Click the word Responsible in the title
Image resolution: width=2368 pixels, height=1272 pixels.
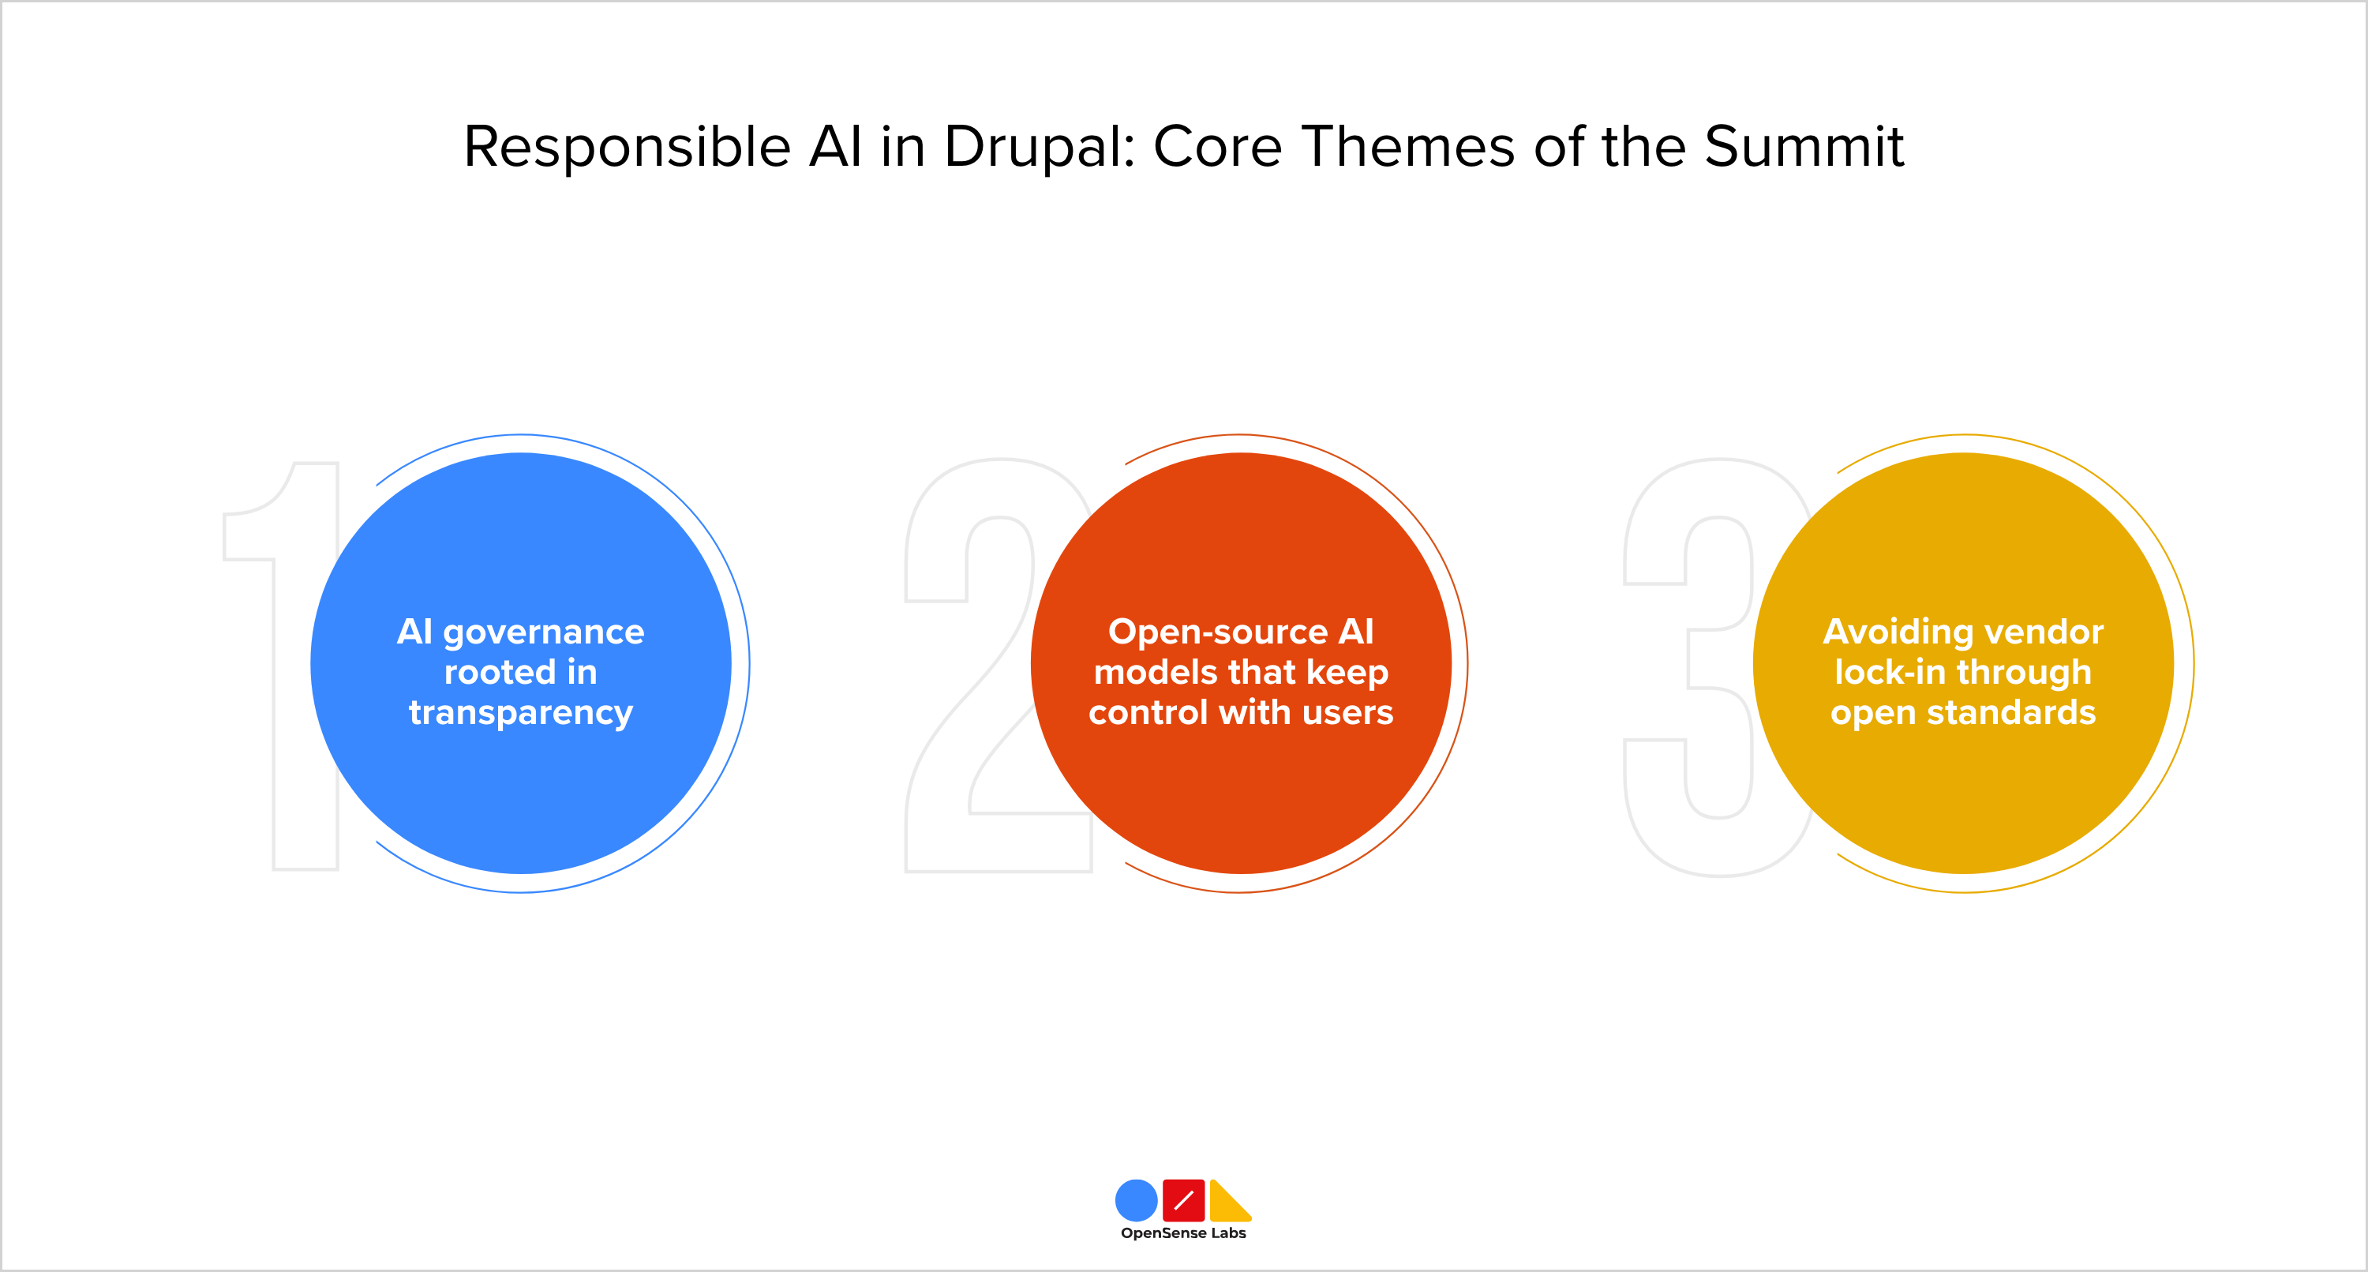627,147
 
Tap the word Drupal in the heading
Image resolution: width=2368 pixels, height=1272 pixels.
1039,147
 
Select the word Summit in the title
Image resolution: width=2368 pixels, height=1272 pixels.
1804,147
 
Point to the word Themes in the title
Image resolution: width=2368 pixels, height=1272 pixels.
1408,147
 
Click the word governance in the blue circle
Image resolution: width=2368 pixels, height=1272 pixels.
543,632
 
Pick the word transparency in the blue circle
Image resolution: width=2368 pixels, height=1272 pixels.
520,713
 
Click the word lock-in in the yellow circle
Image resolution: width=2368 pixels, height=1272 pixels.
1888,673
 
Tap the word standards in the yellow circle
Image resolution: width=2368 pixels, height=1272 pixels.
2010,713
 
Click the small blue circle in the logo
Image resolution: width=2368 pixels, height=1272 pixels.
1136,1200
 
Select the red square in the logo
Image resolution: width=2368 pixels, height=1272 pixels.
1183,1200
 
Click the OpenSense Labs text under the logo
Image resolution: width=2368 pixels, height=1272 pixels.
1183,1233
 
